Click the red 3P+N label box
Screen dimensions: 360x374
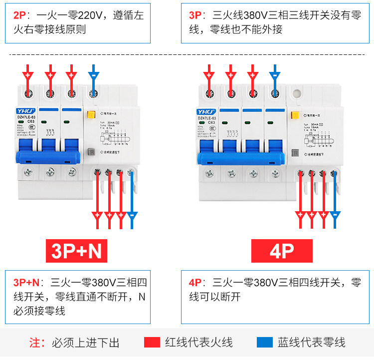pos(76,251)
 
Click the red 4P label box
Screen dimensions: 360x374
pos(281,251)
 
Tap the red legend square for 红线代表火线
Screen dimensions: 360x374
pos(152,342)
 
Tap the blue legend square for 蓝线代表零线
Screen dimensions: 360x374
pos(264,342)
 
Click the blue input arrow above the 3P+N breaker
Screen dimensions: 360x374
pos(93,75)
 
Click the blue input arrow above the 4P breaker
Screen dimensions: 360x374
pos(274,75)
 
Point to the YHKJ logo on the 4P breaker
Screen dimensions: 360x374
pos(207,111)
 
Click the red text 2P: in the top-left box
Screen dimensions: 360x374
pos(22,16)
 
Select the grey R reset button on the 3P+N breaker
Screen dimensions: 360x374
pos(91,153)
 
